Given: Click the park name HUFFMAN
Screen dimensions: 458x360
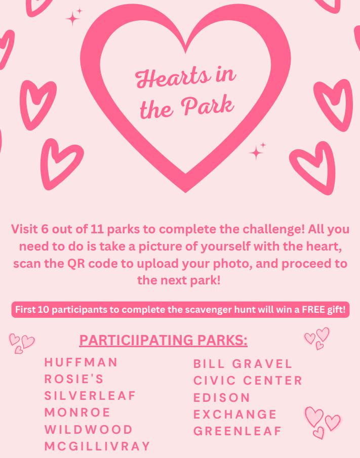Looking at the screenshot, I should (x=81, y=362).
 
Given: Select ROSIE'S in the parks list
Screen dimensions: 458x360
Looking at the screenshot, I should (x=74, y=379).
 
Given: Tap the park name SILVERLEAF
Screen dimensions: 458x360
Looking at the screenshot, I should (x=90, y=396).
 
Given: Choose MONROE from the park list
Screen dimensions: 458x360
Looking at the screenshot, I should (x=77, y=412).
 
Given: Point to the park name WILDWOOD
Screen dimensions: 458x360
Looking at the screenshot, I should (x=89, y=430).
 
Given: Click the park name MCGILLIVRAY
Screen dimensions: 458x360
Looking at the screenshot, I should (x=97, y=446).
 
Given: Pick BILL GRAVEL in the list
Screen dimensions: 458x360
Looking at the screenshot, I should (x=243, y=364).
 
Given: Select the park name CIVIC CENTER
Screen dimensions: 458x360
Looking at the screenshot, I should (x=248, y=381).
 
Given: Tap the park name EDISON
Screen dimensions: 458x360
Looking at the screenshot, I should (x=222, y=398).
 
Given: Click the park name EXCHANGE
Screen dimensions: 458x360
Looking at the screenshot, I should (x=235, y=414).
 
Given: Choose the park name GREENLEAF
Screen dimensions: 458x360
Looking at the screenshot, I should (x=237, y=432).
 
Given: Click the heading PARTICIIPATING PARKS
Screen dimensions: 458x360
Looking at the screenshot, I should (x=164, y=340).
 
